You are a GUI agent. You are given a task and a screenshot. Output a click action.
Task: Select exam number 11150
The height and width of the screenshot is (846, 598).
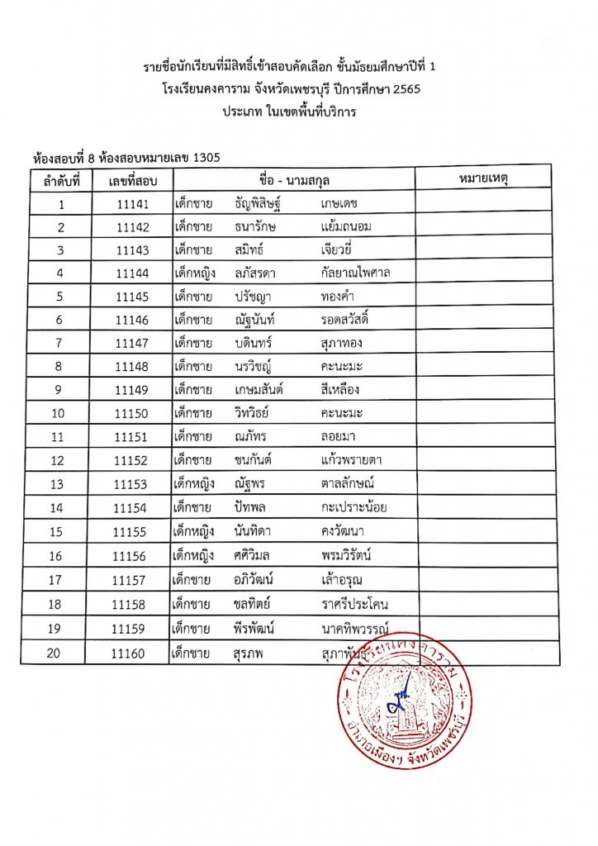[132, 412]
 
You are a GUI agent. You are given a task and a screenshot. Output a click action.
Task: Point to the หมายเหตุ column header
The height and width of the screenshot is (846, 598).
[482, 178]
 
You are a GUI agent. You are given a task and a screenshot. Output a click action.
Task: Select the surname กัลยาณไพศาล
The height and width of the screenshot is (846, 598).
[356, 273]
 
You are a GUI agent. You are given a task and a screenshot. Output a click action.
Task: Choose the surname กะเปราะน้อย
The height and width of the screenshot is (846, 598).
[354, 507]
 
